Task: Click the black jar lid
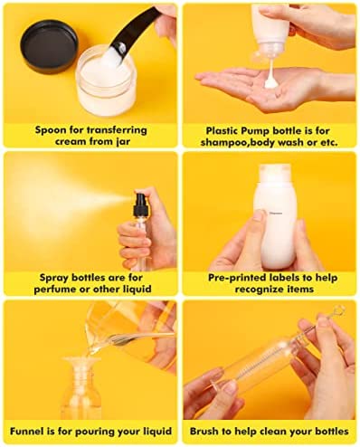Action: [50, 46]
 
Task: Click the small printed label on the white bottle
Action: [276, 213]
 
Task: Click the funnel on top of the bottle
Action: [81, 365]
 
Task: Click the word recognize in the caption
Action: [259, 290]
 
